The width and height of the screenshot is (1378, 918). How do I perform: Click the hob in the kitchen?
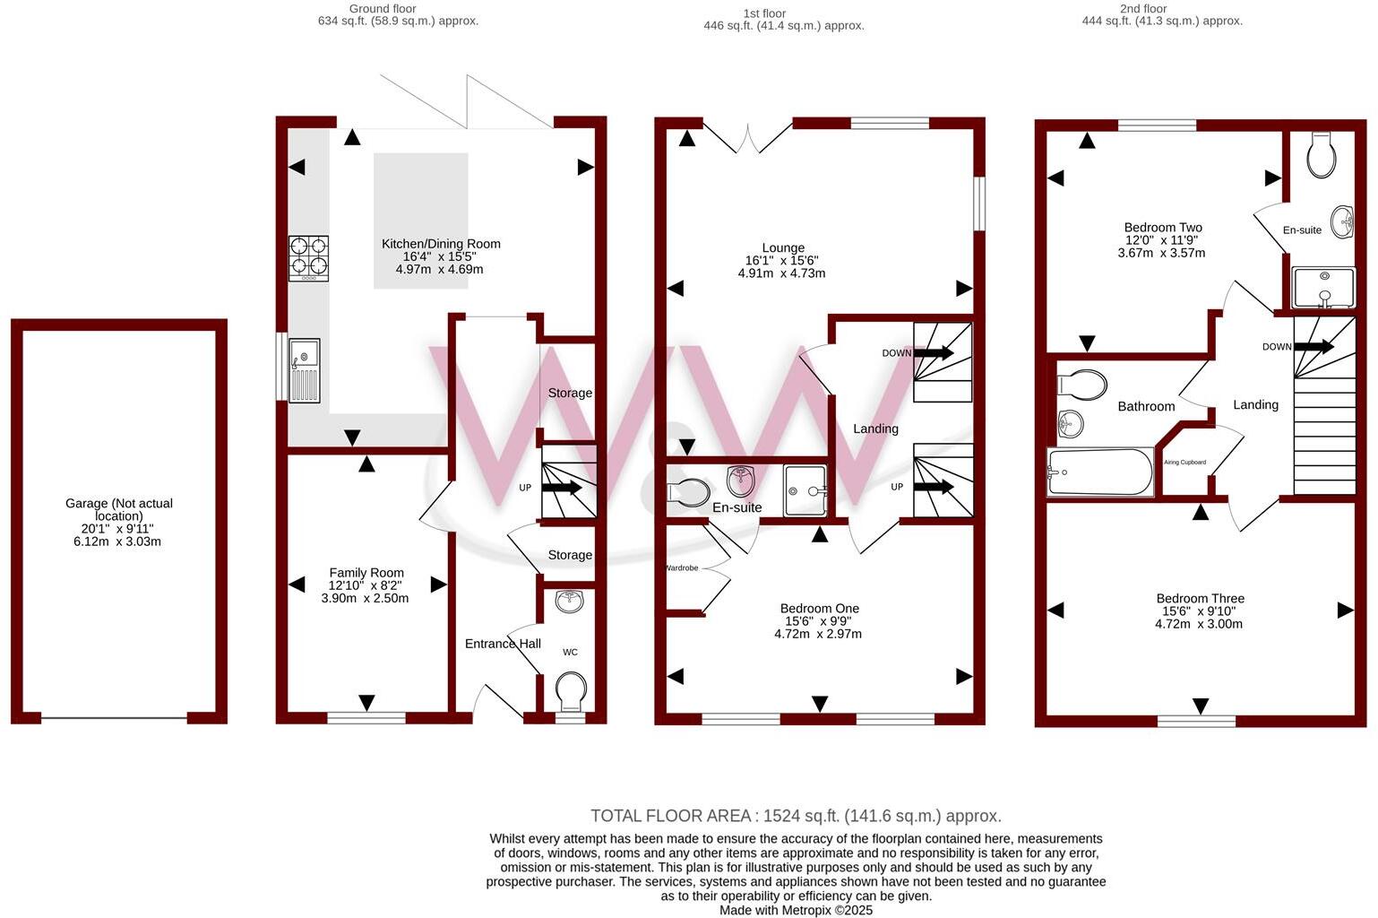[x=308, y=257]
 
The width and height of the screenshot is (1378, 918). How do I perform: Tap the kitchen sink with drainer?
[x=304, y=369]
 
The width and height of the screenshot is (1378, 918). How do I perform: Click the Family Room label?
[x=366, y=573]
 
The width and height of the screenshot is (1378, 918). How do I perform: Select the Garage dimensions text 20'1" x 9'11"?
[x=118, y=529]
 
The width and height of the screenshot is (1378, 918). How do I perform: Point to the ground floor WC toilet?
[x=571, y=691]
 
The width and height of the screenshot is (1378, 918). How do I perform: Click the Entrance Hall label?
[x=503, y=644]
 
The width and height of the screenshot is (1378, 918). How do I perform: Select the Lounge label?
[x=783, y=248]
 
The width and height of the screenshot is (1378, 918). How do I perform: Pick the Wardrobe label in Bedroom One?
[x=681, y=568]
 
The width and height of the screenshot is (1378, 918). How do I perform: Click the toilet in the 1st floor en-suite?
[x=689, y=492]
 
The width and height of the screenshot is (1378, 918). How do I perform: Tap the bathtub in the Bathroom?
[x=1100, y=472]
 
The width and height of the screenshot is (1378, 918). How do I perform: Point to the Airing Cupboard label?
[x=1184, y=463]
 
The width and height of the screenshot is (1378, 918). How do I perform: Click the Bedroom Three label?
[x=1200, y=599]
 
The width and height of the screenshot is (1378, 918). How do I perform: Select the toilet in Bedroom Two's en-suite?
[x=1321, y=157]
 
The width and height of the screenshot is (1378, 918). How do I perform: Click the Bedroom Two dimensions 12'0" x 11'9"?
[x=1163, y=240]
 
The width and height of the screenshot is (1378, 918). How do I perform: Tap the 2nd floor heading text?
[x=1142, y=9]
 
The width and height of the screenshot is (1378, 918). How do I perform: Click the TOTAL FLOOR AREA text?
[x=796, y=816]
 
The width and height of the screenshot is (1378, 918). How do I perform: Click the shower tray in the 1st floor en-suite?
[x=805, y=490]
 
